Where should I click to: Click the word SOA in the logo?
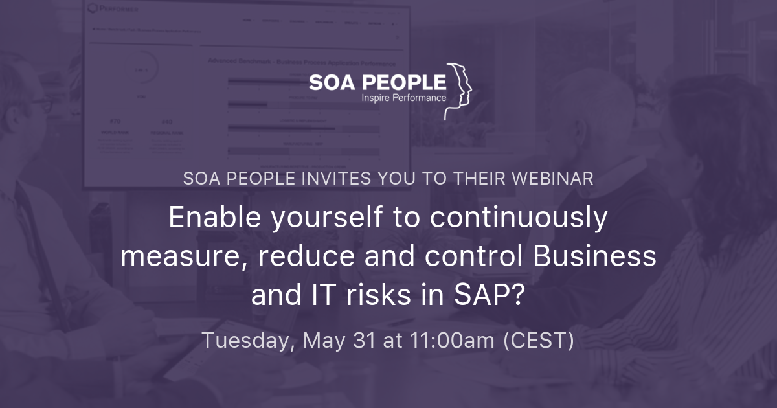click(x=331, y=82)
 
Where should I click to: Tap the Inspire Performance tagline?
click(x=403, y=98)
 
